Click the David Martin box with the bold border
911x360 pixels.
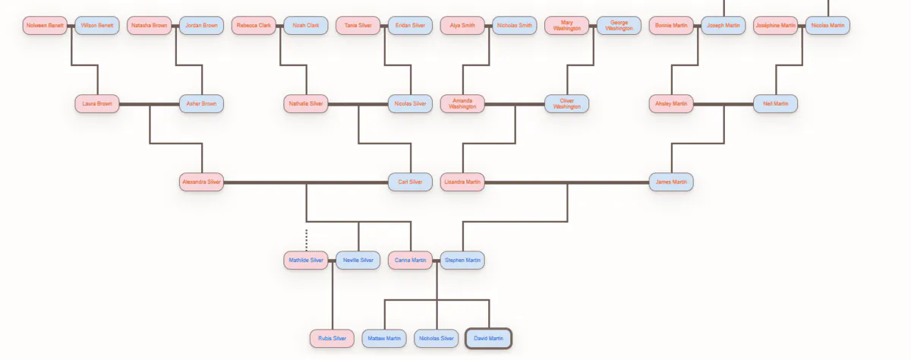488,339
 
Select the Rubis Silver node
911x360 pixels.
332,339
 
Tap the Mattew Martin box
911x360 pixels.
384,339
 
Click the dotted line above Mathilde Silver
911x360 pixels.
306,240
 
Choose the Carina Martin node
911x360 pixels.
410,261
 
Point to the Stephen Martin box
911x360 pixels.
462,261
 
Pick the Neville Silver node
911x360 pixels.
358,261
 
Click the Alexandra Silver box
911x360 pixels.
201,182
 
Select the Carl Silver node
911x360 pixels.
410,182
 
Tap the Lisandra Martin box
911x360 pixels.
462,182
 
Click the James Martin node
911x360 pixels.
671,182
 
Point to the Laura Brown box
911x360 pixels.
97,104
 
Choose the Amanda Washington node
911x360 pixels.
462,104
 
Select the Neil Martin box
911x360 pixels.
775,104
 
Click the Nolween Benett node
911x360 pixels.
45,25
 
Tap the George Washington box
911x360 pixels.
619,25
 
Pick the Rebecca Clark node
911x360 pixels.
254,25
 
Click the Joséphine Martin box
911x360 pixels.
775,25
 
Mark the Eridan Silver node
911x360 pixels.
410,25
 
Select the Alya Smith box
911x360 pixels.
462,25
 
